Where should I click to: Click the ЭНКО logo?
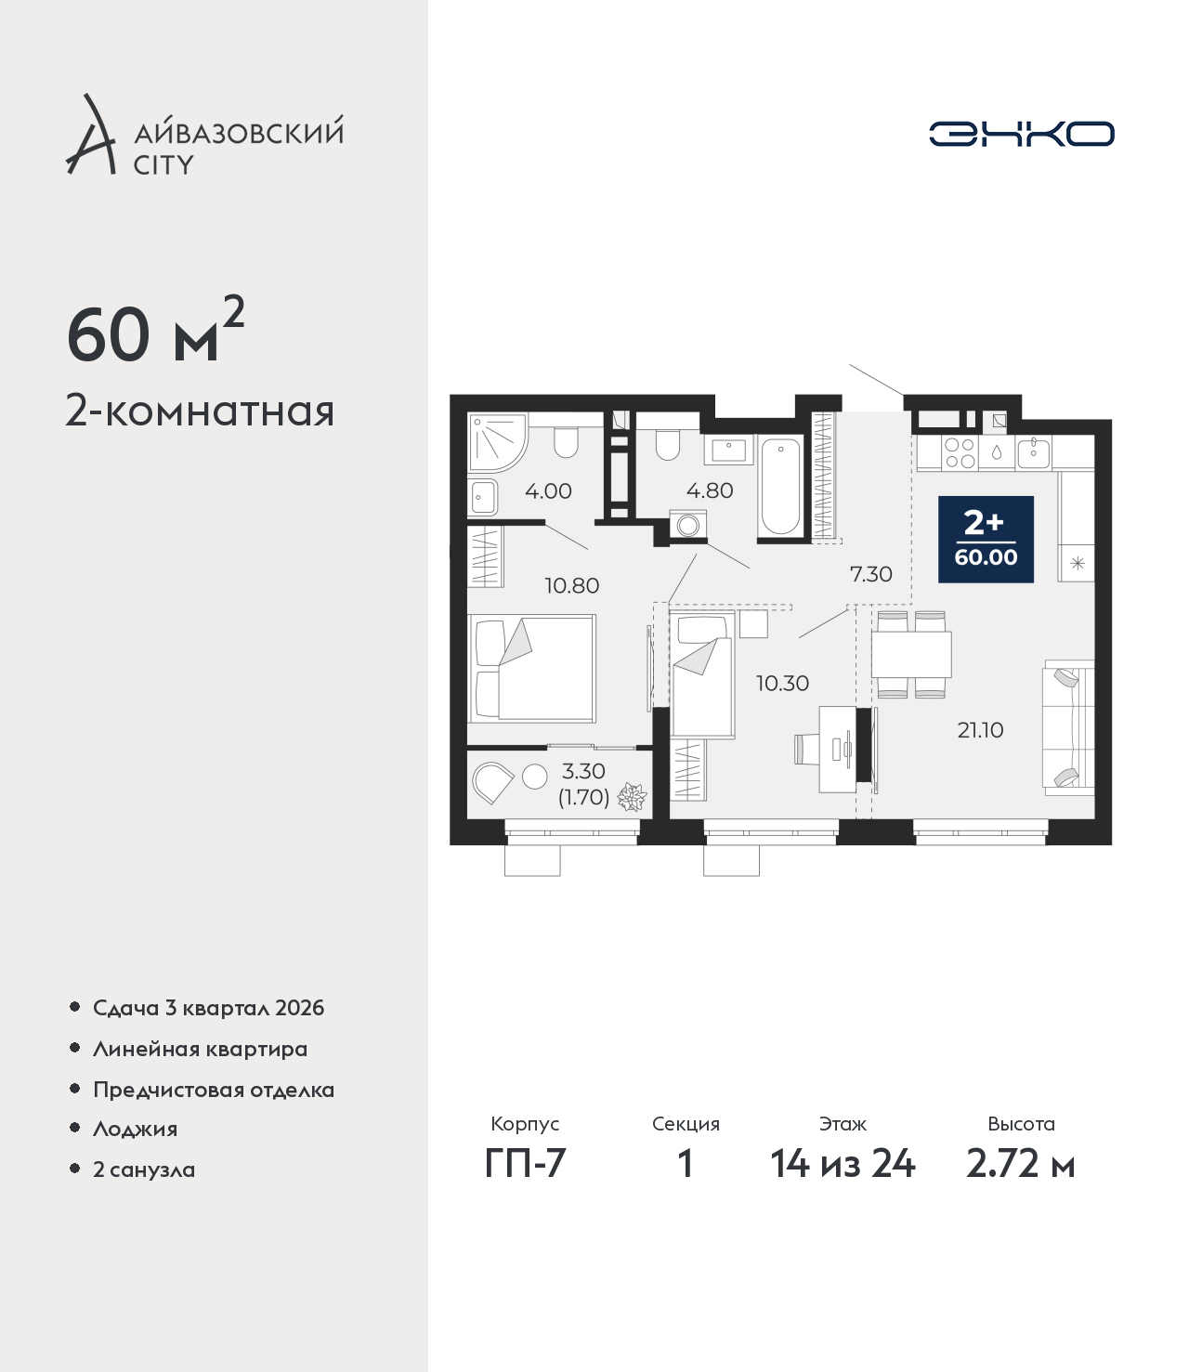1021,134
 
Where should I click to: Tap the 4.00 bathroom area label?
548,491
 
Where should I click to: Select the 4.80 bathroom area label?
710,490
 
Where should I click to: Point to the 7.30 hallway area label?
871,573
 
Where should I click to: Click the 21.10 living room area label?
980,730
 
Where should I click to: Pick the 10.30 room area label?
783,683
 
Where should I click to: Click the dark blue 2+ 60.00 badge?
986,539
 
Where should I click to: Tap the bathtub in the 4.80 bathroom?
780,487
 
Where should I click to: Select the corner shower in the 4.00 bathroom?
497,441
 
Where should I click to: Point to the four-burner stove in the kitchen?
960,452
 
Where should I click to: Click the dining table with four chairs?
911,655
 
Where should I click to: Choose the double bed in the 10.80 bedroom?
531,669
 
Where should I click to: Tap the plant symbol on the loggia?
632,796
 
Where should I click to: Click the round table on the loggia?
534,777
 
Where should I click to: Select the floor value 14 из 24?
843,1164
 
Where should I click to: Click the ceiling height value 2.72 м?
1020,1164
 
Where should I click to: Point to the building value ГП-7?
525,1164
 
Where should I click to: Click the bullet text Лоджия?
136,1129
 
